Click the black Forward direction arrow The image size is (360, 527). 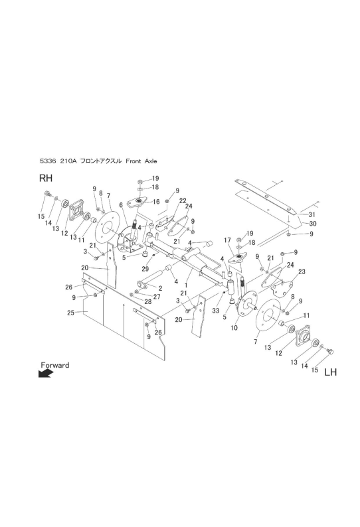click(45, 374)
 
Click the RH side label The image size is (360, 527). click(46, 178)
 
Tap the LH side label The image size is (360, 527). click(330, 372)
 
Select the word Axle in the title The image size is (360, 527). click(150, 161)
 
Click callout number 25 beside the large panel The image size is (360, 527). click(70, 313)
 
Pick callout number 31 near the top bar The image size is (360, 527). click(312, 214)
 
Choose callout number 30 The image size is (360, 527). click(313, 224)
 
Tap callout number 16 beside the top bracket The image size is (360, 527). click(156, 202)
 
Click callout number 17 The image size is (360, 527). click(227, 240)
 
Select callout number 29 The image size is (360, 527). click(145, 269)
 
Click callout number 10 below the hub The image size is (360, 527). click(234, 328)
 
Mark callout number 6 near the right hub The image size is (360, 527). click(121, 204)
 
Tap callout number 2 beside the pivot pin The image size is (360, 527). click(161, 288)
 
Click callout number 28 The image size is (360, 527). click(148, 301)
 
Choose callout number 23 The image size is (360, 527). click(302, 271)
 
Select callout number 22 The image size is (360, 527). click(183, 200)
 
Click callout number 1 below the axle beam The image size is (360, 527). click(186, 284)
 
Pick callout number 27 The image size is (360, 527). click(157, 297)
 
